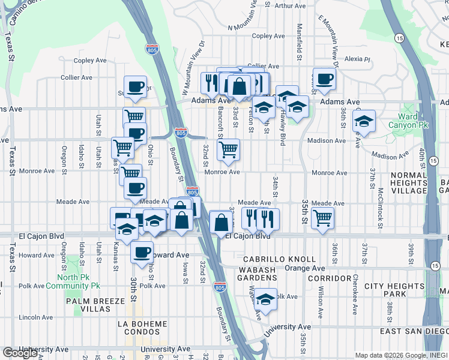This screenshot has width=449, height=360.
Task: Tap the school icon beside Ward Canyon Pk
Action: pos(364,121)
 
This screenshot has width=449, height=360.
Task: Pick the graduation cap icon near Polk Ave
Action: pos(265,298)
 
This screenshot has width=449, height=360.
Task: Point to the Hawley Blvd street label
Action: pos(282,128)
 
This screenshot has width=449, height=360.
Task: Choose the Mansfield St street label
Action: pos(299,37)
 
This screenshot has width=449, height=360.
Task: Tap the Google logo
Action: pos(20,353)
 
